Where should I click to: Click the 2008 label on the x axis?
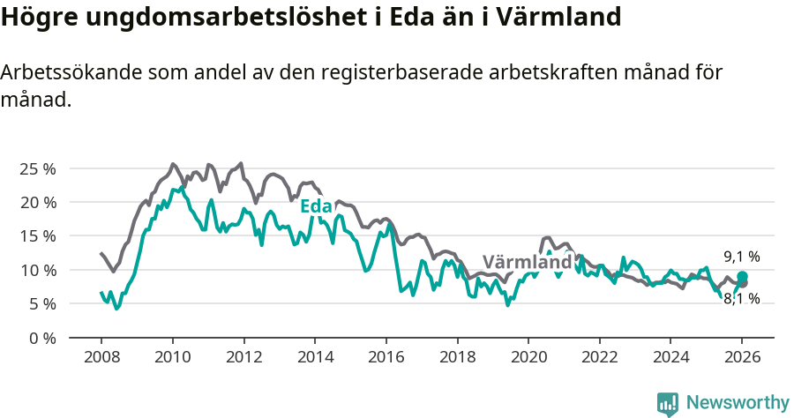click(101, 358)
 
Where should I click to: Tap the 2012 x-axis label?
click(243, 358)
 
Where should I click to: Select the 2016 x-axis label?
click(386, 358)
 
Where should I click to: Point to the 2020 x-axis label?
click(528, 358)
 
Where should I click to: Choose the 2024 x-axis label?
click(670, 358)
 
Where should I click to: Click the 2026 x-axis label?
click(742, 358)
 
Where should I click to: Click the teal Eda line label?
click(316, 206)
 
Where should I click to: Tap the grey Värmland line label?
click(527, 263)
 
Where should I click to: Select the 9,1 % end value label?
click(742, 257)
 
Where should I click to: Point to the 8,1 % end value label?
click(742, 299)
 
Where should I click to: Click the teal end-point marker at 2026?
click(743, 277)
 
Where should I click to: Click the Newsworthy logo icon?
click(668, 403)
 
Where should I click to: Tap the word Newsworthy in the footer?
click(737, 403)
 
